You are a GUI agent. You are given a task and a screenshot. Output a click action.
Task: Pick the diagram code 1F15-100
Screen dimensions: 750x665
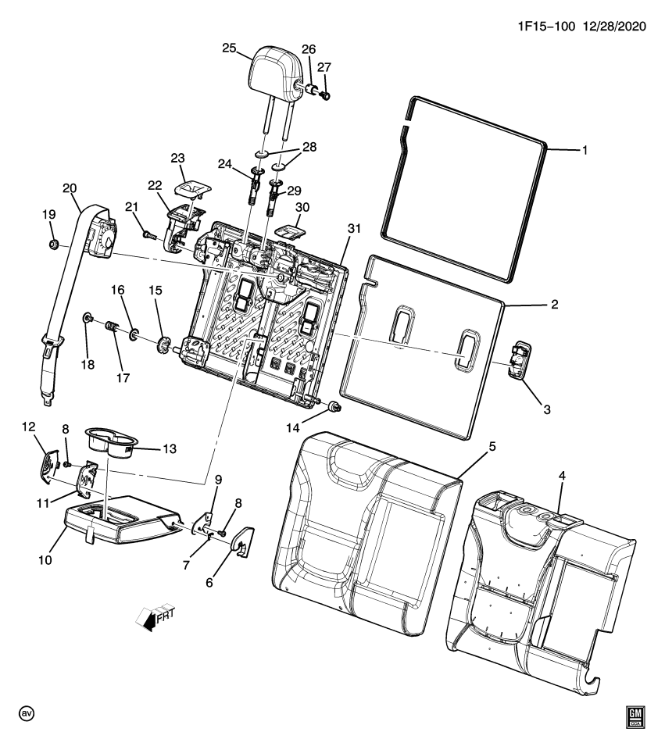pos(545,27)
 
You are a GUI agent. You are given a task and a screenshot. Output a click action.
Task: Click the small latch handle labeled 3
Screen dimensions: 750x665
pos(518,360)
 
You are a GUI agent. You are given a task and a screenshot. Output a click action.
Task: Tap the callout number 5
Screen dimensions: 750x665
pos(493,446)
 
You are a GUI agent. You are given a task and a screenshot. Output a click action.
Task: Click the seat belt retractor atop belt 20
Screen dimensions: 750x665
pos(101,234)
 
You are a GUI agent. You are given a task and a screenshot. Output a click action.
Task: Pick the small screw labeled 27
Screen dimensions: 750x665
pos(326,95)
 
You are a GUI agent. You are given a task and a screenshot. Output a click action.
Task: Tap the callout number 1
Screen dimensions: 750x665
pos(584,150)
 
